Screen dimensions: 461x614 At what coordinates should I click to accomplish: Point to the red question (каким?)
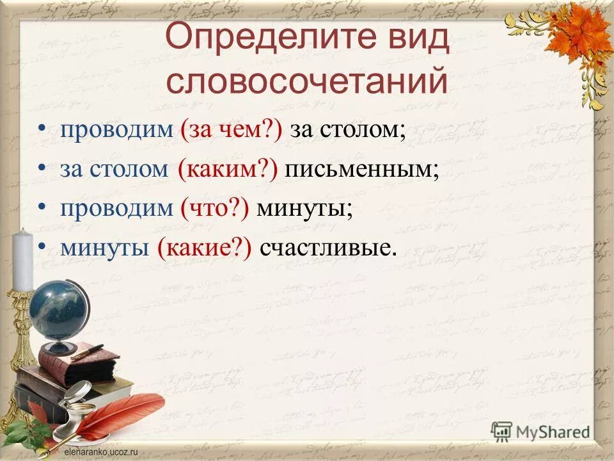pos(228,169)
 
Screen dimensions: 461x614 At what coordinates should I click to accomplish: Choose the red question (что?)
pos(215,208)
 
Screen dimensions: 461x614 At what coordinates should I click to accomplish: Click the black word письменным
pos(362,169)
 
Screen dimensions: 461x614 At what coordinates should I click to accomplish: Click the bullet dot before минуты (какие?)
pos(42,247)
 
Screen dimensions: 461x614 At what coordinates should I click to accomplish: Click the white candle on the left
pos(22,259)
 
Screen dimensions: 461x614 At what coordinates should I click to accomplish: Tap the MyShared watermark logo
pos(540,431)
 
